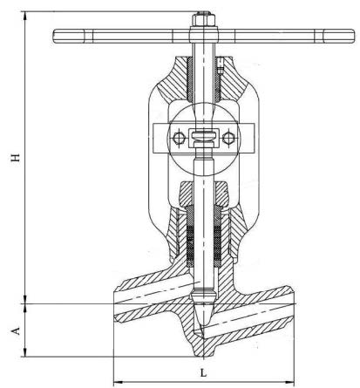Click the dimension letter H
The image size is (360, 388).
(x=16, y=157)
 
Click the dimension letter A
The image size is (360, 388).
(x=16, y=330)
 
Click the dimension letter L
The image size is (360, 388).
(x=203, y=372)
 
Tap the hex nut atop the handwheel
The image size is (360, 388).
(x=203, y=20)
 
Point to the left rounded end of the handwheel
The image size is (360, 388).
(x=58, y=37)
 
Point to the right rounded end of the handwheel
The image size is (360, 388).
(x=350, y=37)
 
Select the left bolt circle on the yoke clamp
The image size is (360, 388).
(x=179, y=138)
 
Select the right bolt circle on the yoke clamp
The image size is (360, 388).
(x=228, y=138)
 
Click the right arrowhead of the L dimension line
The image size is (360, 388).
(x=289, y=381)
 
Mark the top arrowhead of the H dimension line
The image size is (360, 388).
(x=26, y=16)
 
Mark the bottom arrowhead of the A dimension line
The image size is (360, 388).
(x=26, y=352)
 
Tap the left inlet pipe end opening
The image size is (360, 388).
(x=115, y=304)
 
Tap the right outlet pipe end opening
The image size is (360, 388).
(x=292, y=303)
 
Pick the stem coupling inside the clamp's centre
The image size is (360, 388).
(x=203, y=138)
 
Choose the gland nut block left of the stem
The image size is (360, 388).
(x=187, y=194)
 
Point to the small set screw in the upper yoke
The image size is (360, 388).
(x=221, y=66)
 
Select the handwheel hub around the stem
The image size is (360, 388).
(x=203, y=34)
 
